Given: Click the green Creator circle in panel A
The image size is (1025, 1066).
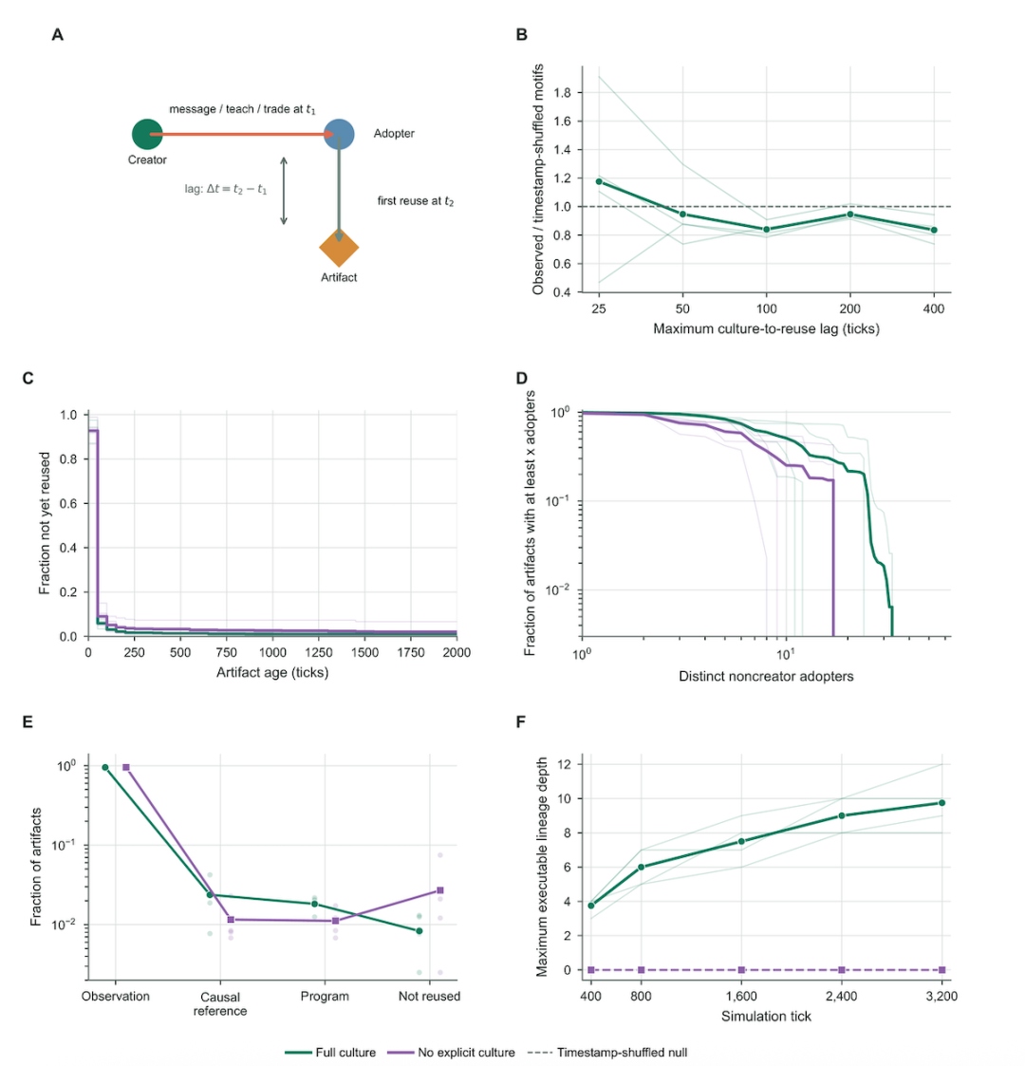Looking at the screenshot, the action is coord(147,134).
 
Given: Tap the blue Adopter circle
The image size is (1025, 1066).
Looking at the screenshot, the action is coord(339,134).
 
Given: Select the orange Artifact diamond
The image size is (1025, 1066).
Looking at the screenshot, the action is coord(339,248).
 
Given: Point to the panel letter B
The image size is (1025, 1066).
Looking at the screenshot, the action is coord(522,35).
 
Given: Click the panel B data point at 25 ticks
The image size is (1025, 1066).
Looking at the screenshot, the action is coord(599,181).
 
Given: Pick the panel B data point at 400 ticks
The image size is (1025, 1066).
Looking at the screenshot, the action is coord(934,230).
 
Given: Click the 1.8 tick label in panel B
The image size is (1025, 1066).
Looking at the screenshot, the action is coord(562,92).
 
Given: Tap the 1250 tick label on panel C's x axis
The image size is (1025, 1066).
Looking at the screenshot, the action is coord(318,653).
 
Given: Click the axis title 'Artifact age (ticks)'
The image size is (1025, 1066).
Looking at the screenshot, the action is coord(272,672).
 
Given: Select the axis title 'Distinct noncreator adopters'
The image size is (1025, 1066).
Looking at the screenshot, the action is coord(766,677).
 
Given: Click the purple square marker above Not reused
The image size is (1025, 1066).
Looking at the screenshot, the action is coord(440,890).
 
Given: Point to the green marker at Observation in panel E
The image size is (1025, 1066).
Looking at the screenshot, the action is coord(105,768).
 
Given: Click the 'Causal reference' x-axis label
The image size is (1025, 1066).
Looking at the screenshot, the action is coord(220,1004).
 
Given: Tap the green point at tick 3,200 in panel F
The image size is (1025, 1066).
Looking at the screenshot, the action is coord(942,803).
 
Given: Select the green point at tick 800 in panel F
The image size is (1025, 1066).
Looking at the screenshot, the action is coord(641,868).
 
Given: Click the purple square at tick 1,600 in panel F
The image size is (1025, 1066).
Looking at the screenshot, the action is coord(741,970).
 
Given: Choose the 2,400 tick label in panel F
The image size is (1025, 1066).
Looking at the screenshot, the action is coord(842,997).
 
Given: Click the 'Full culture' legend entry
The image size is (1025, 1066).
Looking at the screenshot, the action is coord(330,1053).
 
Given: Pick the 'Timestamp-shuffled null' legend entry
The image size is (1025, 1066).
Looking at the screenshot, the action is coord(607,1053).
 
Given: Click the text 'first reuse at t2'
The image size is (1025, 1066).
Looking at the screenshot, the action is coord(416,201).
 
